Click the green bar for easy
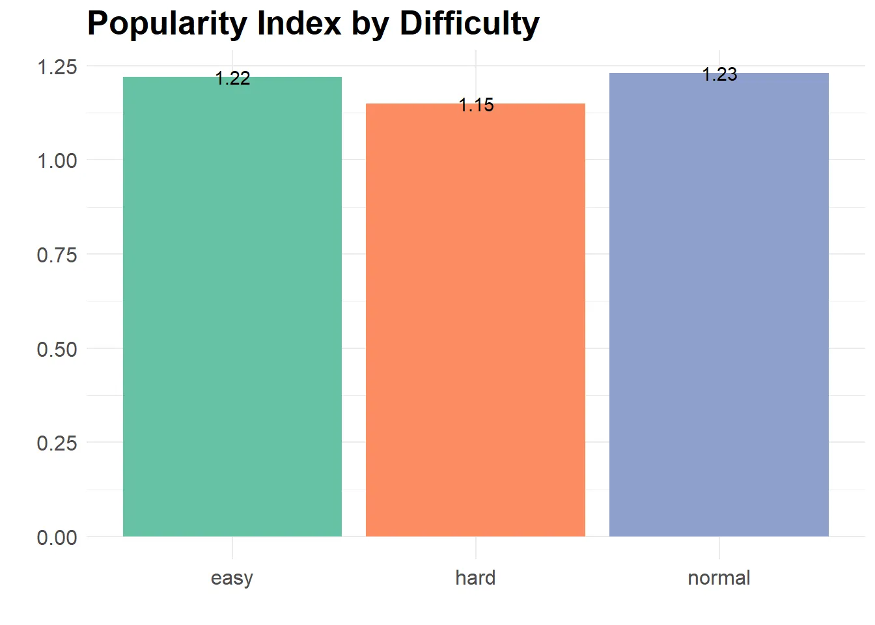(x=232, y=307)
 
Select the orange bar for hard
(x=475, y=320)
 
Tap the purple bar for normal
(x=719, y=305)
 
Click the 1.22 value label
(x=233, y=79)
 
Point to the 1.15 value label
(x=476, y=105)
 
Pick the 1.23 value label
(x=719, y=75)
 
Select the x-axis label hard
(x=475, y=577)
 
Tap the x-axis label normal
(x=719, y=577)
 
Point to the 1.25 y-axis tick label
(x=57, y=67)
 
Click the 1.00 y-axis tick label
(x=57, y=161)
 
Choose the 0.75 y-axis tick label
(x=57, y=255)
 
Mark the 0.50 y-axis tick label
(x=57, y=349)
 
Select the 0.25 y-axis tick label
(x=57, y=443)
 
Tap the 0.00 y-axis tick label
(x=57, y=538)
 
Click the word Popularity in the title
(x=167, y=25)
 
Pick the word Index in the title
(x=299, y=23)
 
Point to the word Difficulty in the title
(x=469, y=25)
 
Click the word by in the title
(x=370, y=25)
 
